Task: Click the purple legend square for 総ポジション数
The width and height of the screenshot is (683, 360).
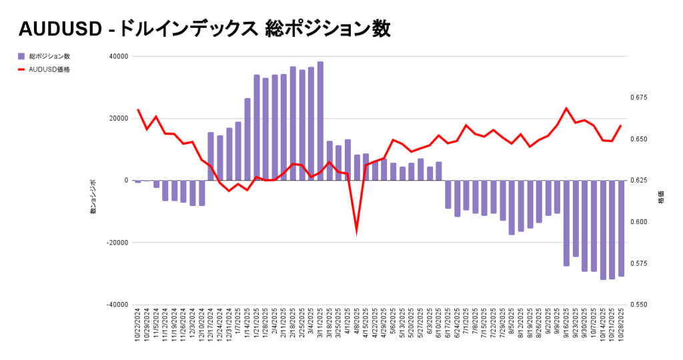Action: pos(21,57)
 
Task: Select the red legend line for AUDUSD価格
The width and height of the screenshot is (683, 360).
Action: pos(21,69)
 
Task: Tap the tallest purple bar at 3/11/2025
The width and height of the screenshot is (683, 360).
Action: pos(320,121)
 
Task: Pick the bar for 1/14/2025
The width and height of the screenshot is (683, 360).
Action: pos(247,139)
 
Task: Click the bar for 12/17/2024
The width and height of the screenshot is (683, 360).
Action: pos(211,156)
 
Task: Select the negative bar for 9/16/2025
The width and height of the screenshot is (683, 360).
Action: pos(566,223)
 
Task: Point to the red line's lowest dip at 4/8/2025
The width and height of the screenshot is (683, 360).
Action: pos(356,231)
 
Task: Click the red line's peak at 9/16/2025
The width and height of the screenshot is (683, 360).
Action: pos(566,108)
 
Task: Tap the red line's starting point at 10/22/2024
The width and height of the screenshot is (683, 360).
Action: pos(138,109)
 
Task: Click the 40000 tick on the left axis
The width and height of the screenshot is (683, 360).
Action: pos(119,57)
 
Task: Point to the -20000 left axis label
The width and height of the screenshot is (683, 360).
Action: pos(117,243)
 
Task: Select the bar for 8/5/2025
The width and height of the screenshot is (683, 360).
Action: pos(512,207)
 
